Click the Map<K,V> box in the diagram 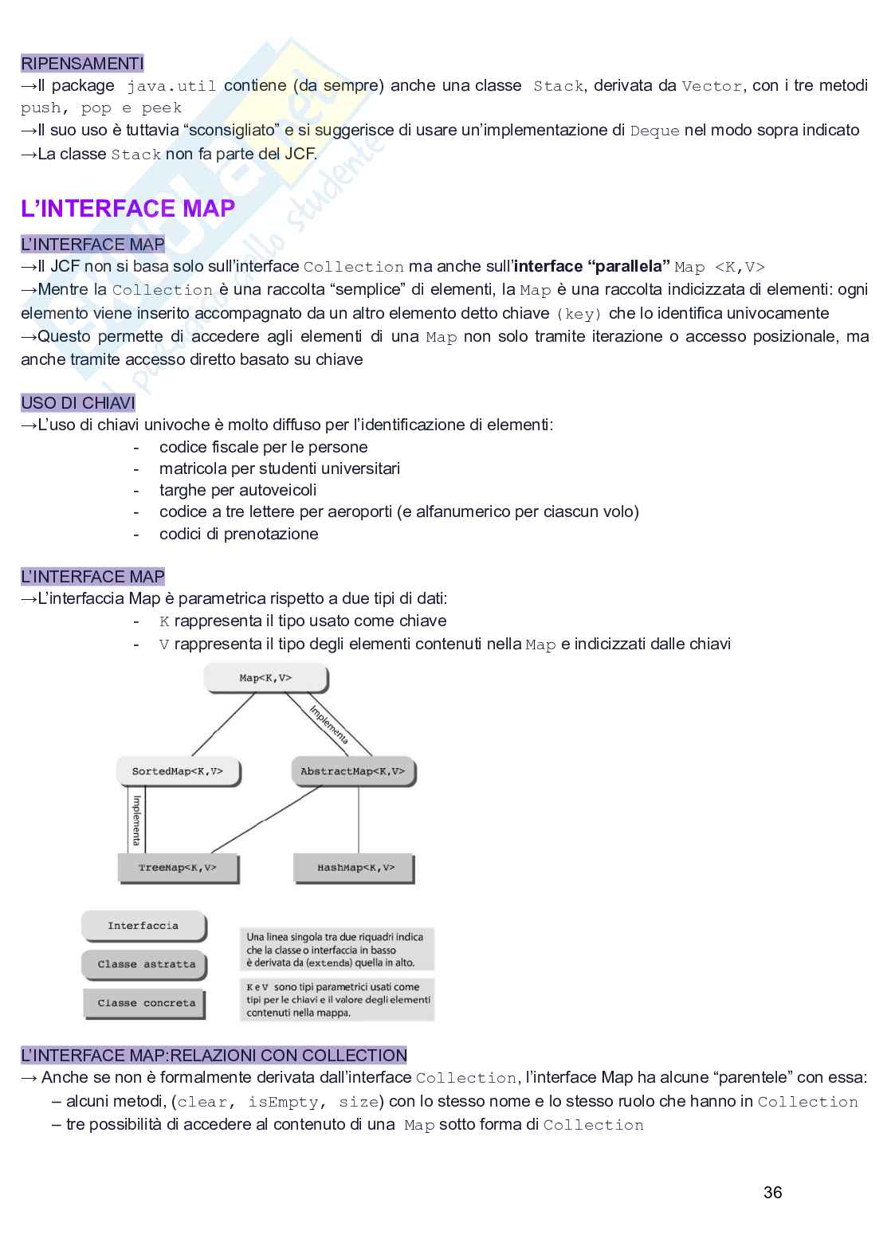[265, 678]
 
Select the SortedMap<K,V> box [178, 771]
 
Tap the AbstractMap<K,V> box [352, 771]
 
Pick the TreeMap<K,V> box [178, 867]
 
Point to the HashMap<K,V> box [355, 867]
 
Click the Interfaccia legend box [143, 926]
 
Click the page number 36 [772, 1192]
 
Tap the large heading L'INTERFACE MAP [128, 209]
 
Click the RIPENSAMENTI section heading [82, 63]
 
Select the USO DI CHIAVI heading [78, 402]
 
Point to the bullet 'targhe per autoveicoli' [237, 490]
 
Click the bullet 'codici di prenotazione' [238, 534]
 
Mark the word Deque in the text [654, 131]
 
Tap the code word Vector [712, 86]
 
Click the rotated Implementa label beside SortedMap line [136, 820]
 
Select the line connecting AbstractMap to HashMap [359, 821]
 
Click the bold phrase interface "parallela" [591, 267]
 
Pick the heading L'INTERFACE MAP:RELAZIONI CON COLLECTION [214, 1056]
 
